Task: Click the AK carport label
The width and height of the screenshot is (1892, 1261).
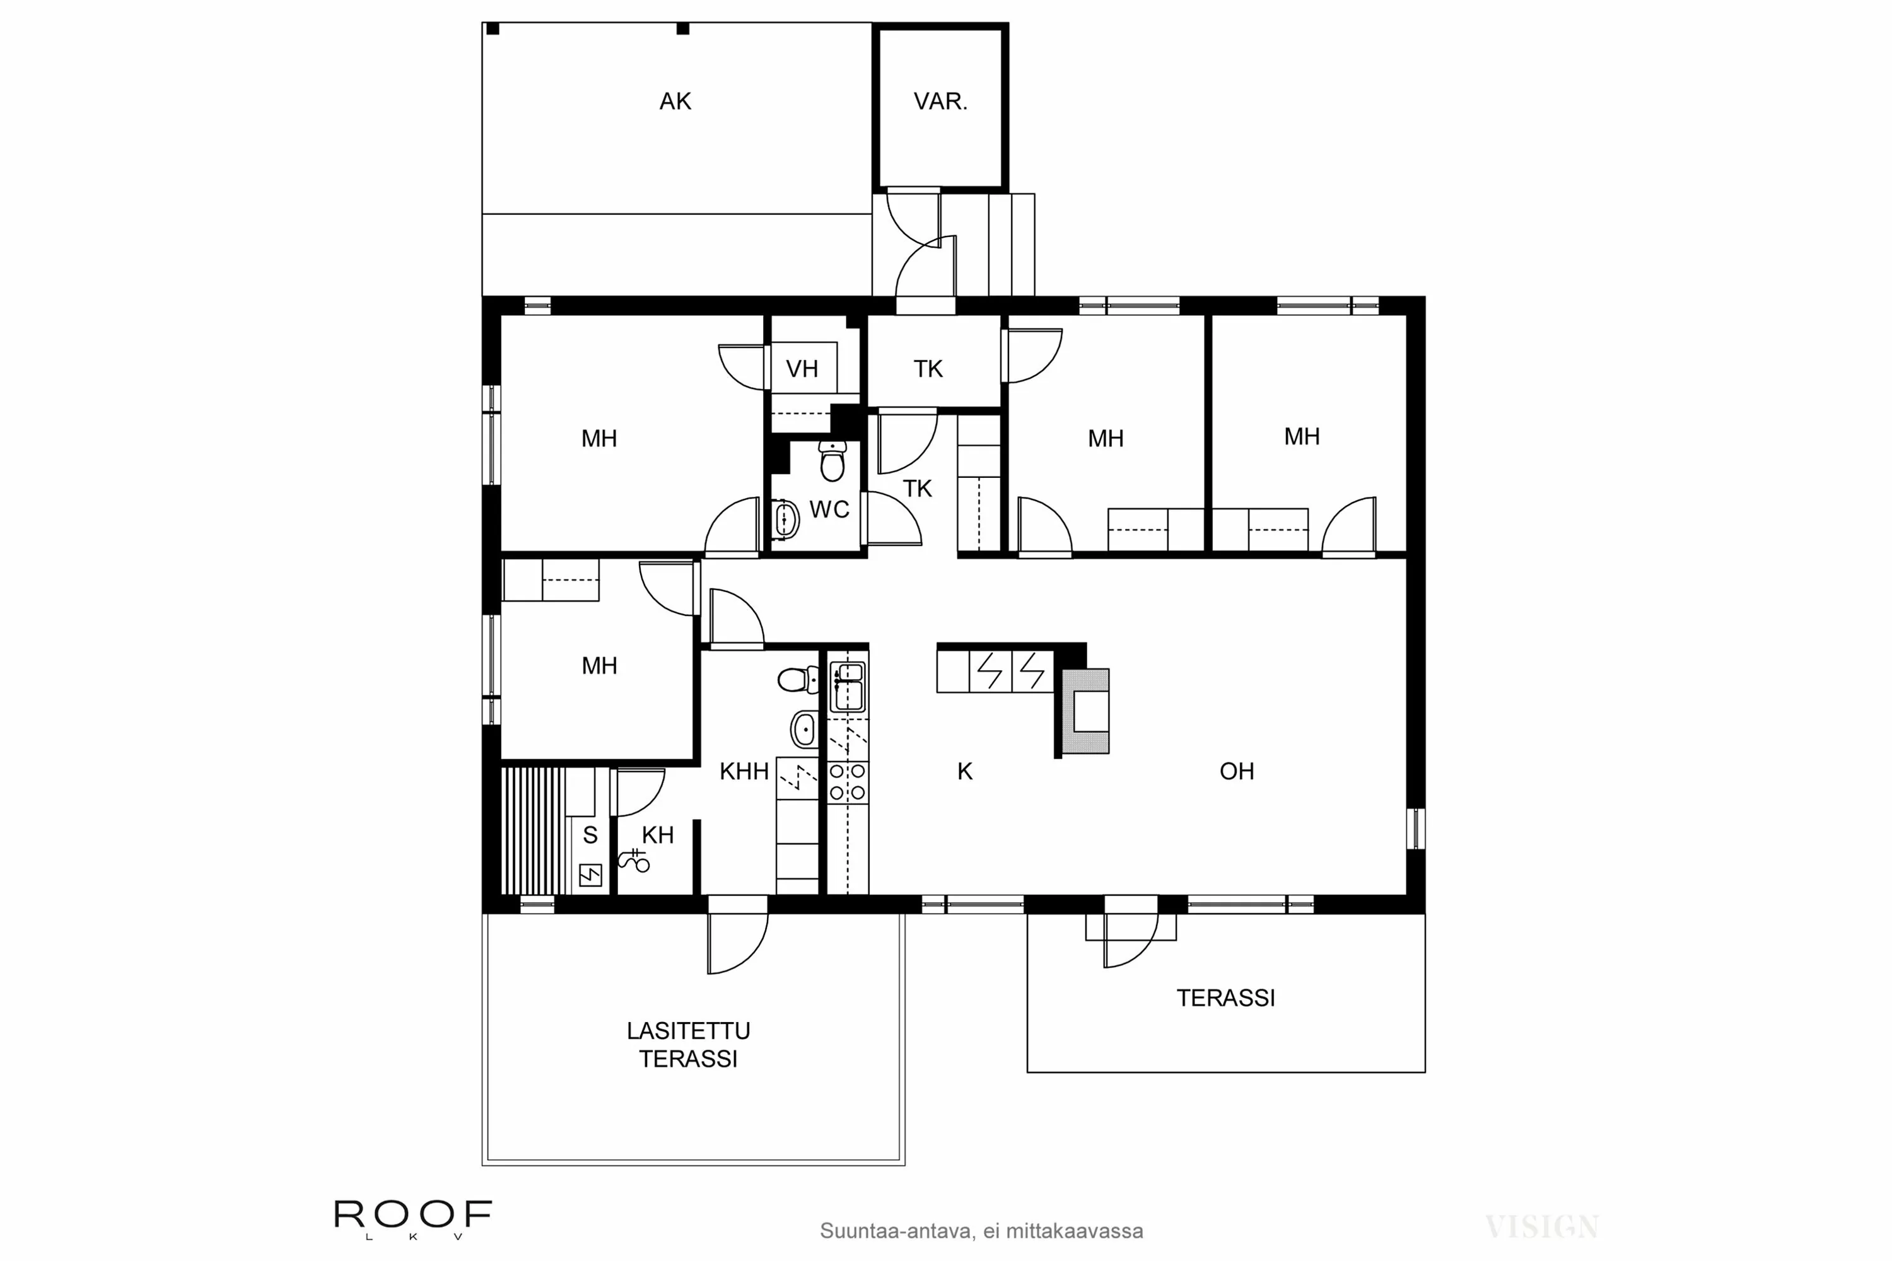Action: tap(675, 102)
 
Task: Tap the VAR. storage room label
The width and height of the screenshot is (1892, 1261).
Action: tap(940, 102)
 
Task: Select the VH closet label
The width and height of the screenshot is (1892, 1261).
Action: tap(801, 369)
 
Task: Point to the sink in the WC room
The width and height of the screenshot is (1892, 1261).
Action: tap(786, 519)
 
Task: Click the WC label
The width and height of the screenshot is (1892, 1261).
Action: tap(829, 510)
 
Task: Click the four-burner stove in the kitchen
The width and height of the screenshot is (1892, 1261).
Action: tap(848, 782)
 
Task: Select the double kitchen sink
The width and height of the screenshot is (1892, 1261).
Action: tap(847, 686)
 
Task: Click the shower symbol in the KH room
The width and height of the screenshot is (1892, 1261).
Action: tap(634, 861)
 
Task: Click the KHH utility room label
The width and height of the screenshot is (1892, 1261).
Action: tap(744, 772)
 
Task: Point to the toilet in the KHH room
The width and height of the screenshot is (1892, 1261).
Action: tap(797, 680)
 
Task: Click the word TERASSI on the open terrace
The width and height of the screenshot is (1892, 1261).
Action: tap(1225, 998)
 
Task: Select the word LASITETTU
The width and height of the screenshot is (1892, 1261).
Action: tap(688, 1031)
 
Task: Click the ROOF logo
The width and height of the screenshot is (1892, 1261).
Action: tap(412, 1214)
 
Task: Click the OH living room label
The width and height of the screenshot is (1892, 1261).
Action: tap(1236, 771)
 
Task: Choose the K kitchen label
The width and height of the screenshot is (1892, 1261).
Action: tap(964, 772)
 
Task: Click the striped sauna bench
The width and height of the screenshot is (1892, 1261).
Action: tap(532, 830)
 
